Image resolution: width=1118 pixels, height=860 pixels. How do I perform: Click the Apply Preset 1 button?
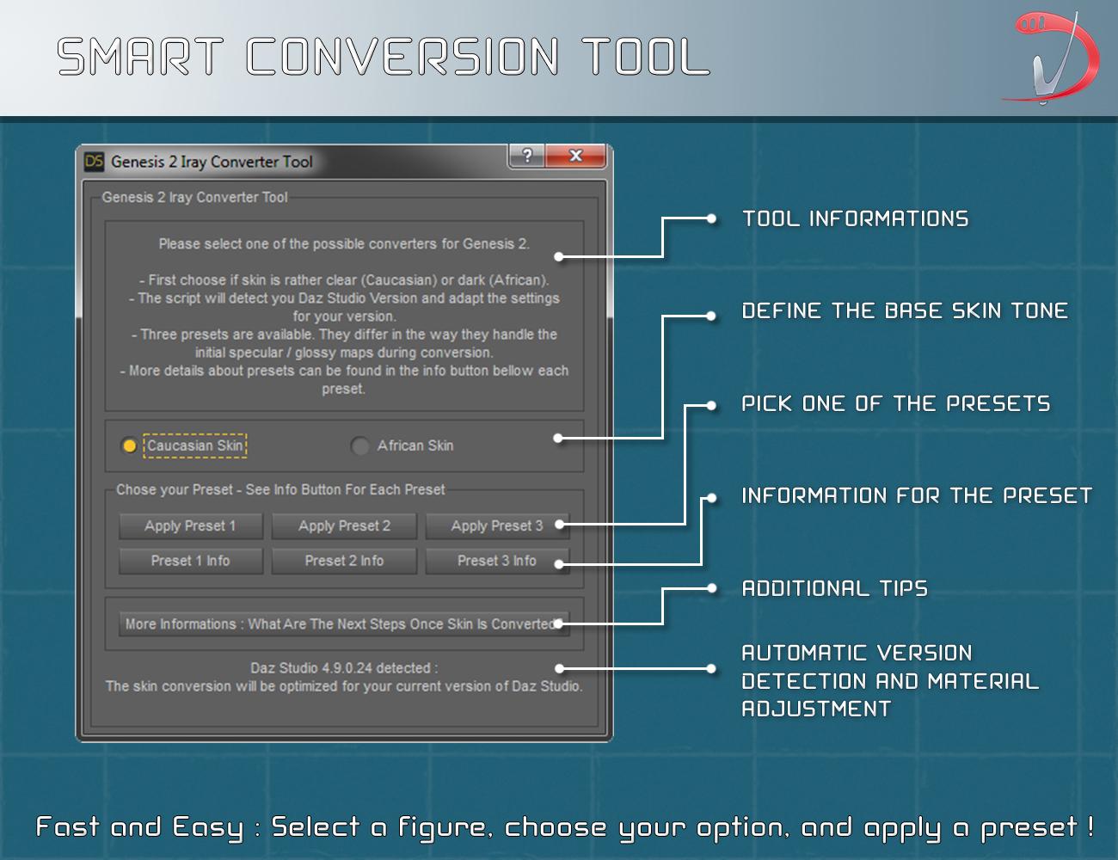(x=191, y=525)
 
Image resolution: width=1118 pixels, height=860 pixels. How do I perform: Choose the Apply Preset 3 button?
(x=497, y=525)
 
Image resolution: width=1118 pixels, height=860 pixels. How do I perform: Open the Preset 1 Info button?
(x=191, y=561)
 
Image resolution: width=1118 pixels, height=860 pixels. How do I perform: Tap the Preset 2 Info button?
(x=344, y=561)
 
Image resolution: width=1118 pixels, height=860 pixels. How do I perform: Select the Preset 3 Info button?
(x=497, y=561)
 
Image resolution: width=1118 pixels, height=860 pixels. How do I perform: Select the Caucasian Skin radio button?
(x=129, y=445)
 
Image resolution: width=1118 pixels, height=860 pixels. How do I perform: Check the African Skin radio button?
(x=359, y=445)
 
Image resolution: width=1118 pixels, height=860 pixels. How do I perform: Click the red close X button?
(x=575, y=156)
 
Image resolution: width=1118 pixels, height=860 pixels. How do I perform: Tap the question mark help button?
(x=527, y=156)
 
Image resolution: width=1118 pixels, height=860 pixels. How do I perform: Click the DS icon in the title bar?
(x=94, y=162)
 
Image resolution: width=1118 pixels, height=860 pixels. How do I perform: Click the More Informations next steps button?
(x=344, y=623)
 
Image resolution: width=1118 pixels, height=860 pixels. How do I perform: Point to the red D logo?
(x=1053, y=58)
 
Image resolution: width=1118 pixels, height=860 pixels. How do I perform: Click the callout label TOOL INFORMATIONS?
(x=855, y=219)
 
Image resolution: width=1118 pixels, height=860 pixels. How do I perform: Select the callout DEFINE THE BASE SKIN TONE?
(x=905, y=311)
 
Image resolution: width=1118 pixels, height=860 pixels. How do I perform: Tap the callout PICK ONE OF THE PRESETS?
(x=896, y=403)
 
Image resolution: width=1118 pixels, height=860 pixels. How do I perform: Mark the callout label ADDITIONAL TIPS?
(x=834, y=589)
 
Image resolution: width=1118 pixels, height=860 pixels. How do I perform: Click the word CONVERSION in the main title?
(x=402, y=57)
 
